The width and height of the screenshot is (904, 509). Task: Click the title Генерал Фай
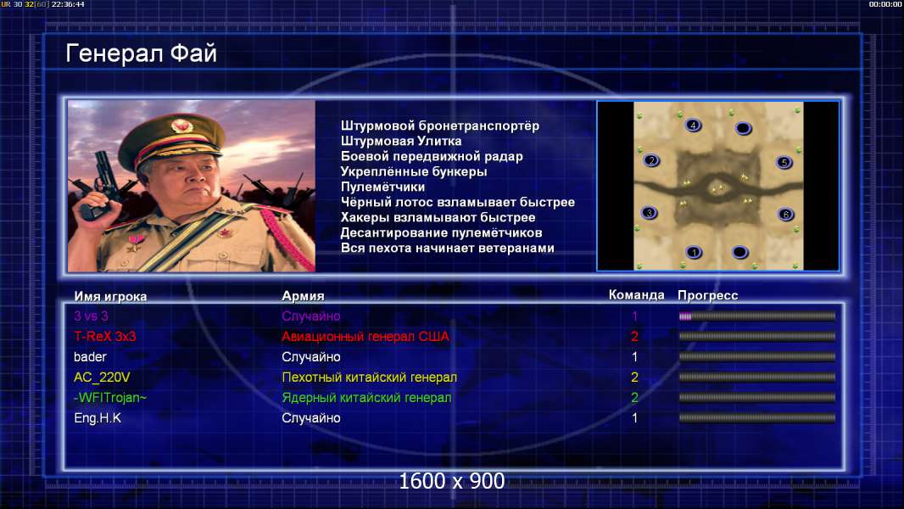142,53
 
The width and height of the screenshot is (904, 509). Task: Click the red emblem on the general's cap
181,125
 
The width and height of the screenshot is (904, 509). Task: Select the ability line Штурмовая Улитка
400,141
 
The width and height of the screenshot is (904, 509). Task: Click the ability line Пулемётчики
382,187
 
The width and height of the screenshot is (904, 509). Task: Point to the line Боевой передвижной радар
432,156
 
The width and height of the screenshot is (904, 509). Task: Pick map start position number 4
693,125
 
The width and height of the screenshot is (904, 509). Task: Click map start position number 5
784,163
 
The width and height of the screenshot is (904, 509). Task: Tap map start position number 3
650,213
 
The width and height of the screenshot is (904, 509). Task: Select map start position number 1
695,252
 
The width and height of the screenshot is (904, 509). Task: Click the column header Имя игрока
110,296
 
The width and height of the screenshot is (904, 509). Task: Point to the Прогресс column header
707,295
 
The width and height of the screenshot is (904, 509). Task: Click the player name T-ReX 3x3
104,336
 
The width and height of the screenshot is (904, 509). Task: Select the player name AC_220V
102,378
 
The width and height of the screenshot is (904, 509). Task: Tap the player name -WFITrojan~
110,398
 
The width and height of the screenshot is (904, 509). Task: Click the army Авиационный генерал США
365,336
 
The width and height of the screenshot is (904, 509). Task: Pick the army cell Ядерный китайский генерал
366,398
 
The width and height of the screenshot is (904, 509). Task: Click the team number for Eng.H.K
635,418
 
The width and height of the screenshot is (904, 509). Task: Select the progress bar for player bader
757,357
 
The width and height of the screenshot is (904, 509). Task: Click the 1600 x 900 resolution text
452,481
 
